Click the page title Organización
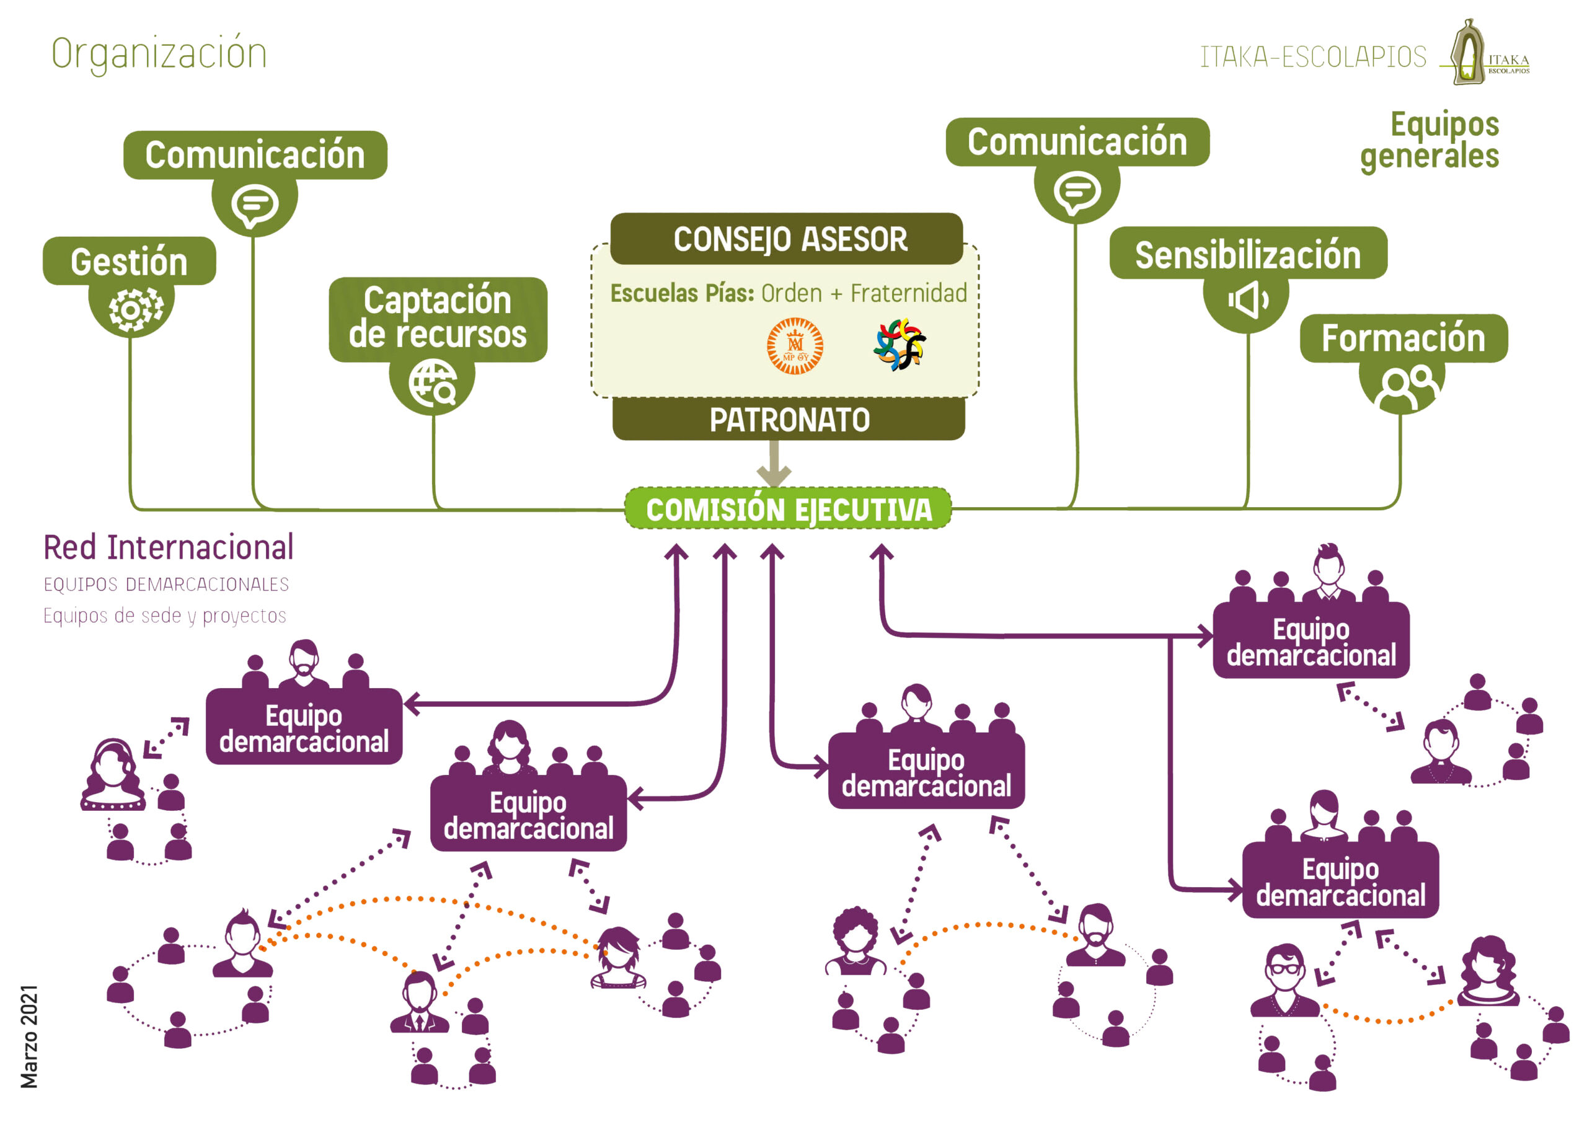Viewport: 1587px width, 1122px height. [159, 54]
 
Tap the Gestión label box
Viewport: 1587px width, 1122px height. [130, 262]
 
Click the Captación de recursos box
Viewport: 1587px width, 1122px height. [438, 318]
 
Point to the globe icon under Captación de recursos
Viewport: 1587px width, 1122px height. [433, 382]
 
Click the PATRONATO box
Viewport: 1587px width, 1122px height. [789, 420]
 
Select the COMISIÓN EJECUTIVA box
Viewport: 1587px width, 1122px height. [789, 510]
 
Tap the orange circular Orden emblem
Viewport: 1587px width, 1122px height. [795, 346]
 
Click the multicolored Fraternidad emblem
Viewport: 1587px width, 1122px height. [900, 344]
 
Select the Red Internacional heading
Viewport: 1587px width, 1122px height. [168, 547]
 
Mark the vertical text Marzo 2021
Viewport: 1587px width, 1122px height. [29, 1036]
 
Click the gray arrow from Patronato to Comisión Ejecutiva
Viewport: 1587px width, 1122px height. [774, 464]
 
